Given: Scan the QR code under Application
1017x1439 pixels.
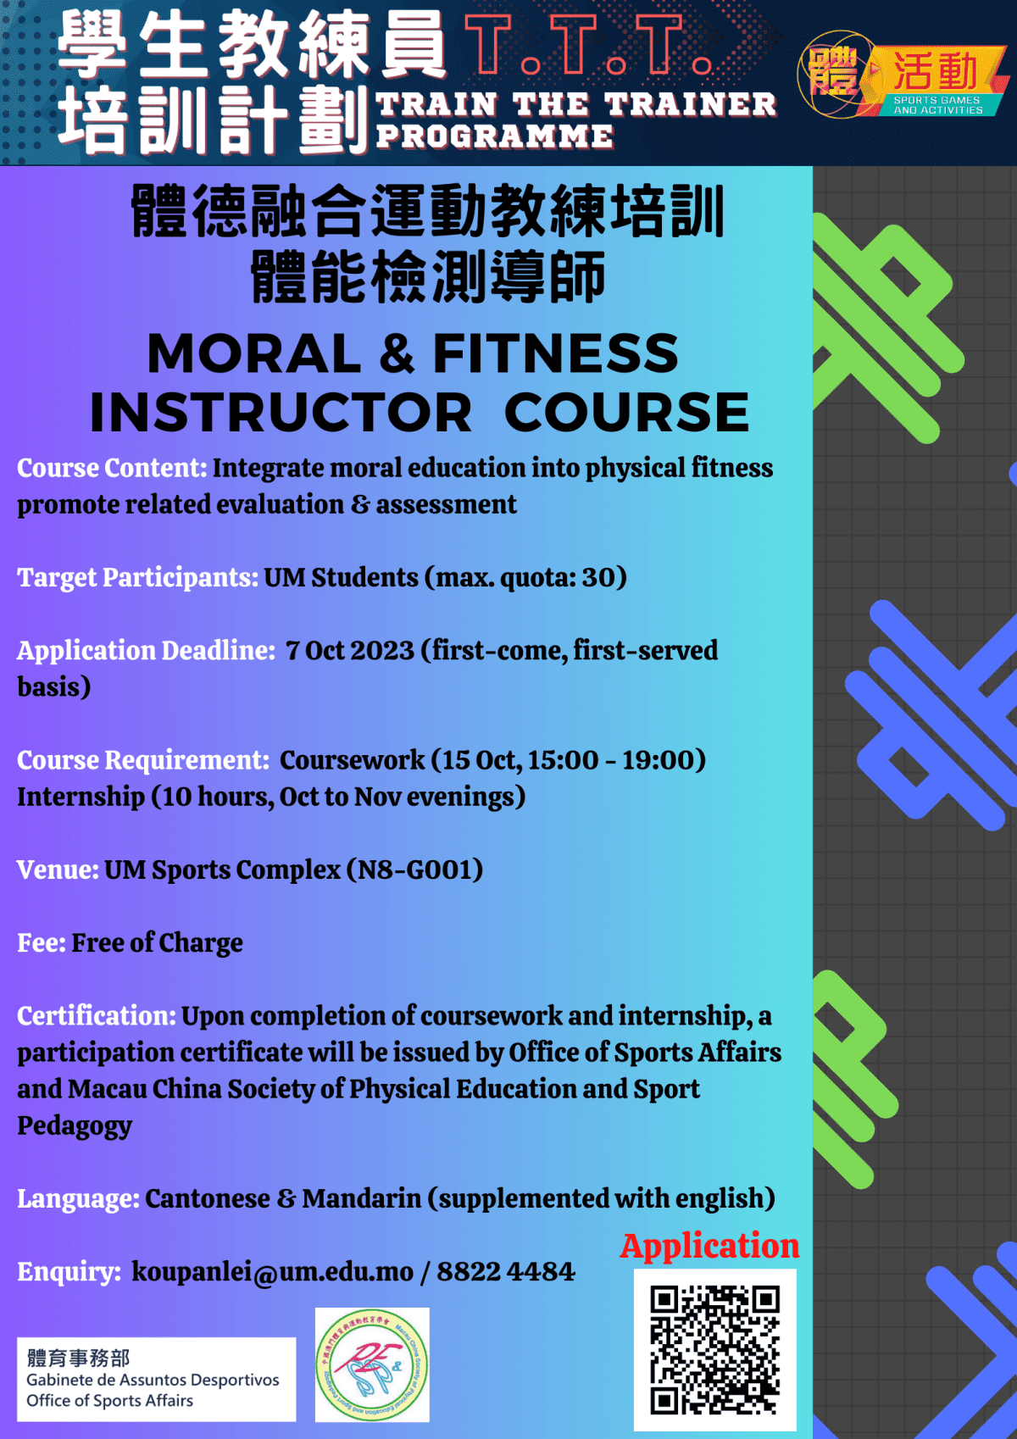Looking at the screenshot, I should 714,1349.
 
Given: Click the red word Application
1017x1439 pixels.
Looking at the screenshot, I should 709,1246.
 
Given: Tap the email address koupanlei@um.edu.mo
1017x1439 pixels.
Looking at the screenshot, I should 272,1272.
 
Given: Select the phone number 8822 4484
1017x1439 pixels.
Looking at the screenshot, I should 505,1272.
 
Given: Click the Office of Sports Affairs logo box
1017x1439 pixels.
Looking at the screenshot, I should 156,1379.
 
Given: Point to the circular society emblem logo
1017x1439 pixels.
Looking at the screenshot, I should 372,1364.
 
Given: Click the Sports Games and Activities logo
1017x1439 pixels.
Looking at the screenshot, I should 903,75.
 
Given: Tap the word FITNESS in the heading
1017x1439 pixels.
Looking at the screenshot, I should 555,353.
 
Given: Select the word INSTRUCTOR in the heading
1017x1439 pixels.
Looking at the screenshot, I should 281,413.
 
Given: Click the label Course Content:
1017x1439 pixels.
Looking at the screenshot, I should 112,468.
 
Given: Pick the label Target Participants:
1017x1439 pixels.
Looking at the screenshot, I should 137,577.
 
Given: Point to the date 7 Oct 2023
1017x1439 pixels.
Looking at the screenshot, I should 349,650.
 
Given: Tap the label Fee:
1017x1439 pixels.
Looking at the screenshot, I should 41,942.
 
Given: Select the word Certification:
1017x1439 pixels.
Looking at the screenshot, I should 97,1015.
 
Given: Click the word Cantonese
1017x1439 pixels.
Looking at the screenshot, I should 208,1198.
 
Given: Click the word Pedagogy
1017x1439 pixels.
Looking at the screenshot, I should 75,1126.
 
